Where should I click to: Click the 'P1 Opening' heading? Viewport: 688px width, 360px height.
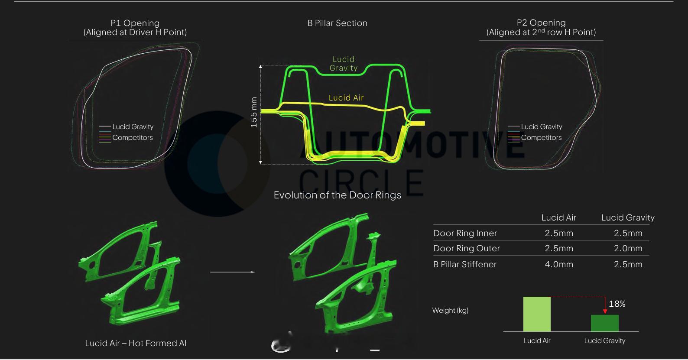pos(135,23)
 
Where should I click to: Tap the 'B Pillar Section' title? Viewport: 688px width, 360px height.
pos(337,23)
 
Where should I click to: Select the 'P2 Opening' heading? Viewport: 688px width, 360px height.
pos(541,23)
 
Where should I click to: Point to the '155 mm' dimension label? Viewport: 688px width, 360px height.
pos(254,112)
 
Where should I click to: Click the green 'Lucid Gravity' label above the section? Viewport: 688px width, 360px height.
pos(344,64)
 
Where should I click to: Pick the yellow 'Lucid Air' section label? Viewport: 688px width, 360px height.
pos(346,98)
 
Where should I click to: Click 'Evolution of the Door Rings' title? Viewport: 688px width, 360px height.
pos(337,195)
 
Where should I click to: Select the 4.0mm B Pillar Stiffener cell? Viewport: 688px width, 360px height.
pos(559,264)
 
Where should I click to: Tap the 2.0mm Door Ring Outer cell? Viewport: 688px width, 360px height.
pos(628,248)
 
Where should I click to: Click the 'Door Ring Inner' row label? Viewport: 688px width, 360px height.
pos(465,233)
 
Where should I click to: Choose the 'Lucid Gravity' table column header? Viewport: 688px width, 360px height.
pos(628,217)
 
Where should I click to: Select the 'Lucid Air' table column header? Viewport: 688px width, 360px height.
pos(558,217)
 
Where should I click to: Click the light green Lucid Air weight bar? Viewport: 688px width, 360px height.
pos(537,314)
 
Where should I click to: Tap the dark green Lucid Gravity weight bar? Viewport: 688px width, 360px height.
pos(604,323)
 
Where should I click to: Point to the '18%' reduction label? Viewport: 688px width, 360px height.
pos(617,304)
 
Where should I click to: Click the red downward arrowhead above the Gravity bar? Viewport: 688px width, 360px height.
pos(605,311)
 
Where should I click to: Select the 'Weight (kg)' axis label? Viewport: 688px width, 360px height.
pos(450,310)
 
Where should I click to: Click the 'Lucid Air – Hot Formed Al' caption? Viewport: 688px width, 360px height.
pos(136,343)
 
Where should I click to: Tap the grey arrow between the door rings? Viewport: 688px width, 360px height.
pos(232,272)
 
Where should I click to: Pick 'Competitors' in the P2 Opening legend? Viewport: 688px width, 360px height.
pos(541,137)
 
